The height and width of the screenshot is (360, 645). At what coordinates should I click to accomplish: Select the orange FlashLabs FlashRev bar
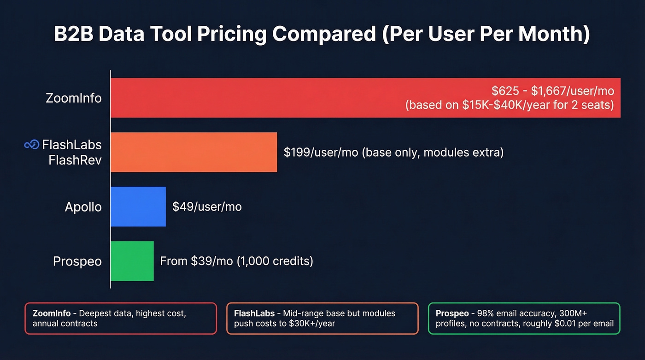tap(193, 152)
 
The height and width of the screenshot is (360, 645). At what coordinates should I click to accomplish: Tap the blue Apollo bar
tap(138, 207)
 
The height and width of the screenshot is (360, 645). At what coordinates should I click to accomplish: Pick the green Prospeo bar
tap(132, 261)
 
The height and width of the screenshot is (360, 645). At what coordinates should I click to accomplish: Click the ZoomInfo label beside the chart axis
tap(74, 98)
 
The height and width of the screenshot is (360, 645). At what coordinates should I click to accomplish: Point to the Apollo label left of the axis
tap(83, 207)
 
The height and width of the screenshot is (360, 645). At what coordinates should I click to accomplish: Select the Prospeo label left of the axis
tap(77, 261)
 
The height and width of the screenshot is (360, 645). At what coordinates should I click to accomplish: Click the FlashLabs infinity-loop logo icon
tap(31, 145)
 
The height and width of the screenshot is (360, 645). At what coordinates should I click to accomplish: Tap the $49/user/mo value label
tap(207, 207)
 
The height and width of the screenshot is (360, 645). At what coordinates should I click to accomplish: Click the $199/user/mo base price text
tap(321, 152)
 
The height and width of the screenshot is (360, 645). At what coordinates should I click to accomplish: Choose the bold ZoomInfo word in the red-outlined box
tap(52, 313)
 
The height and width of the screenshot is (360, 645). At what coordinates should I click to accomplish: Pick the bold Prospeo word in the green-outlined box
tap(452, 313)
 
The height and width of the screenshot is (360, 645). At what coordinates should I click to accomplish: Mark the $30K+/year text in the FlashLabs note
tap(311, 324)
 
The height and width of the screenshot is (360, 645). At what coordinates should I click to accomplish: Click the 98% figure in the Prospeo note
tap(486, 313)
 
